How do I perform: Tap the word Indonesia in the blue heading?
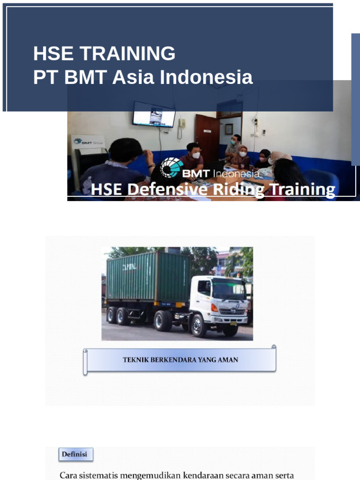point(206,77)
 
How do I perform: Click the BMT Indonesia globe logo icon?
point(172,168)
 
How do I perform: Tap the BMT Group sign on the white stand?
point(88,141)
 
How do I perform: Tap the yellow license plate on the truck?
point(232,322)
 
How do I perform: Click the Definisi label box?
point(76,454)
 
